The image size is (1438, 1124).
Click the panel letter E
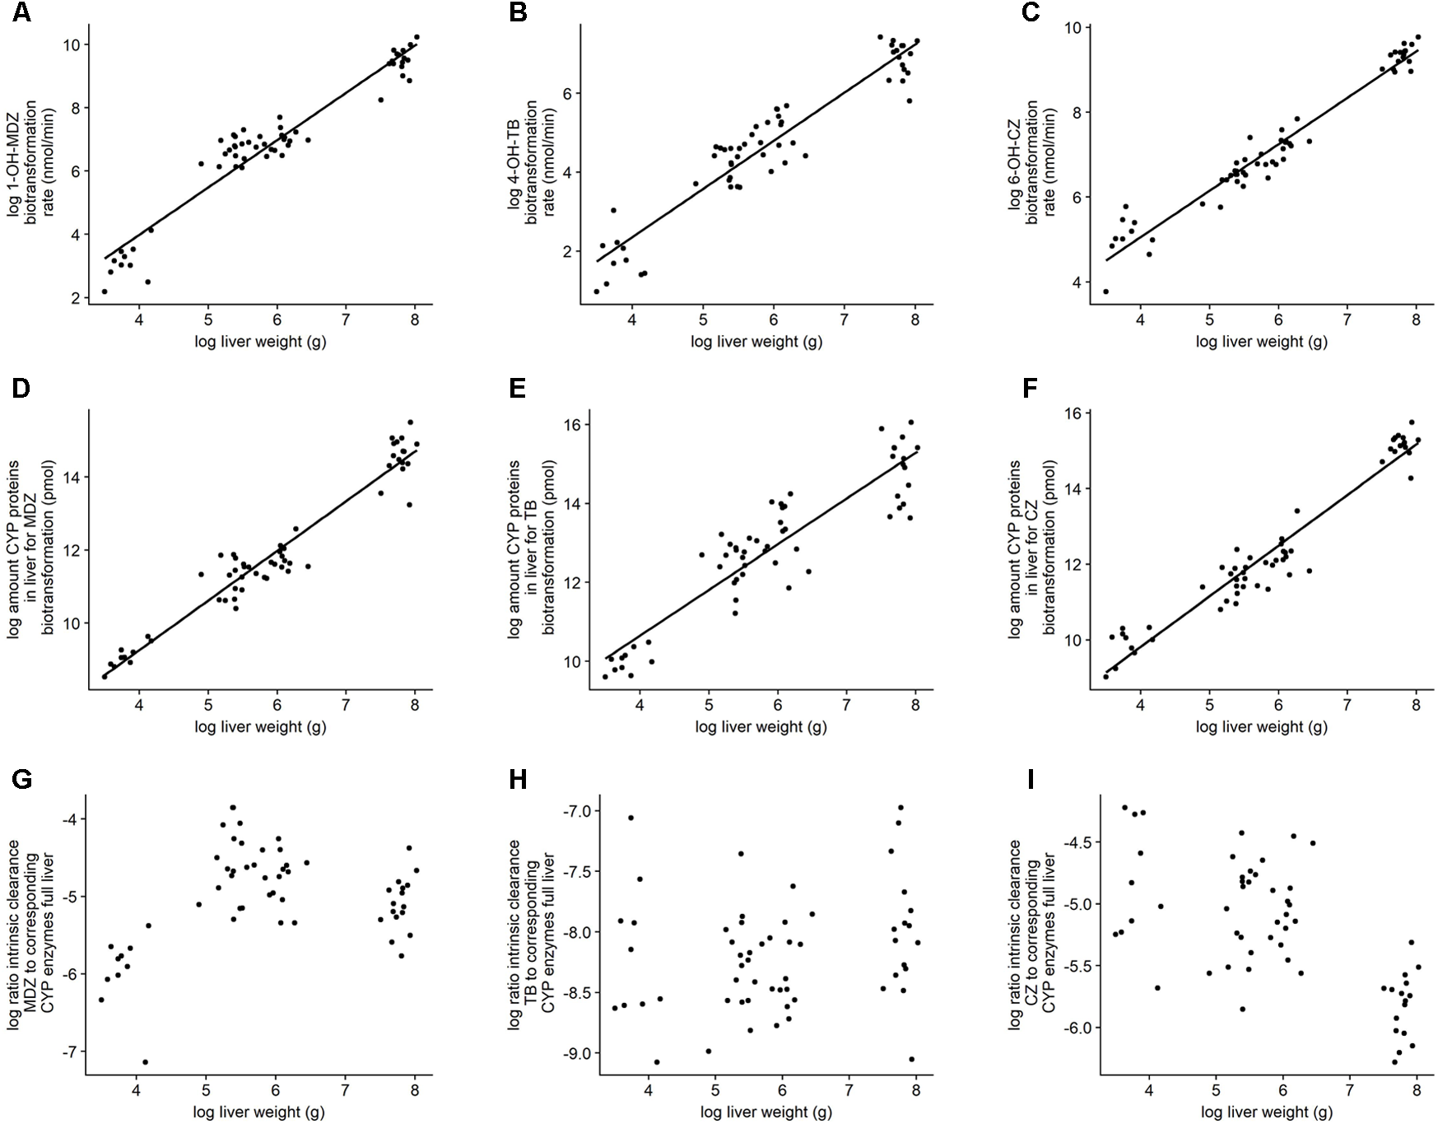tap(518, 388)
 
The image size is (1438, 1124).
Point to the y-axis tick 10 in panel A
tap(72, 44)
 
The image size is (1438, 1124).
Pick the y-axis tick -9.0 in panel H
tap(567, 1053)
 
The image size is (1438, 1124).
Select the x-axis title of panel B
tap(756, 342)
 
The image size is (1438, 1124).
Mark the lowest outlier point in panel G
tap(146, 1061)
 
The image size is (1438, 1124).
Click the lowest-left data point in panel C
tap(1105, 291)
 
